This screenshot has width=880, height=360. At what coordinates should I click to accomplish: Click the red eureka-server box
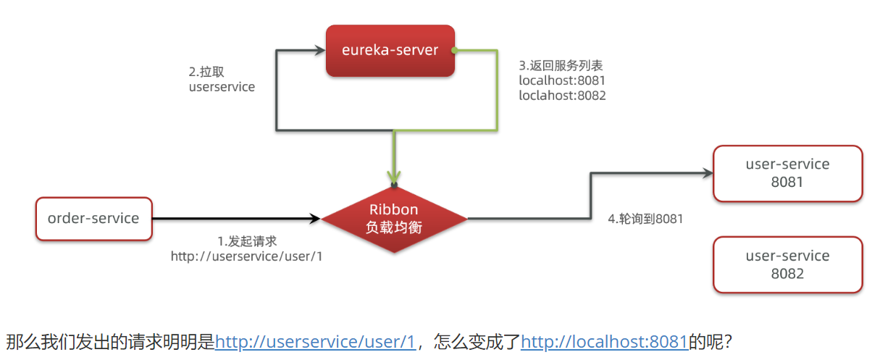[390, 51]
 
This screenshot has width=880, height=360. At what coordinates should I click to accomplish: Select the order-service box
[94, 219]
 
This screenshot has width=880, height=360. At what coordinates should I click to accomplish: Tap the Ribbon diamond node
[394, 219]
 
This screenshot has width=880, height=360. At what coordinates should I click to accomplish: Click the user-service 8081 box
[788, 173]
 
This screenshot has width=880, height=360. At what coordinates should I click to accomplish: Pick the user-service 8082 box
[788, 264]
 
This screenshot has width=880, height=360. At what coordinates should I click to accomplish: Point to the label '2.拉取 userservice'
[222, 80]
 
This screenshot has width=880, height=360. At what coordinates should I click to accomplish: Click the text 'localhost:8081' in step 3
[562, 80]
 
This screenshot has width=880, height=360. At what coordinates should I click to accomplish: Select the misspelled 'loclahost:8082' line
[562, 96]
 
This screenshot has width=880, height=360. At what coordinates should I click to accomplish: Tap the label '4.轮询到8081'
[645, 219]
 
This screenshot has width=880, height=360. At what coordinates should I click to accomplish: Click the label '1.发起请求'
[247, 241]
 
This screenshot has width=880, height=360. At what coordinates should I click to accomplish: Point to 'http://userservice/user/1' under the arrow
[246, 256]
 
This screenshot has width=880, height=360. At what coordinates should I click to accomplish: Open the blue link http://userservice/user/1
[315, 341]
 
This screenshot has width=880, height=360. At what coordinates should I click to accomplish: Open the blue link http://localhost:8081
[605, 341]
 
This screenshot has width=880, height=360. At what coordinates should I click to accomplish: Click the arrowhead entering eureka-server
[320, 50]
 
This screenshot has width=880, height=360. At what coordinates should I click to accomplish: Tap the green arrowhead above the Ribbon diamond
[394, 177]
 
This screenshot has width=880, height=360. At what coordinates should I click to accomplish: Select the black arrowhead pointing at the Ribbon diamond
[316, 219]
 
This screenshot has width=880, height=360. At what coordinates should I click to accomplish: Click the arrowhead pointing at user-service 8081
[708, 173]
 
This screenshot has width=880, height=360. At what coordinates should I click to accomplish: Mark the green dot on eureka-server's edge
[454, 50]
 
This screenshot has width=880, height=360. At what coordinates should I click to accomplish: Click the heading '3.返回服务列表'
[561, 66]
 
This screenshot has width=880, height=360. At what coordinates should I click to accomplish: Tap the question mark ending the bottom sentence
[728, 341]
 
